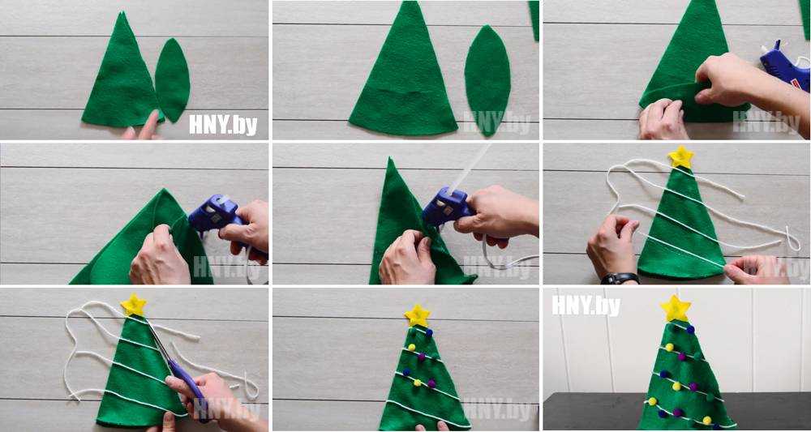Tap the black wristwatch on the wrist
620,279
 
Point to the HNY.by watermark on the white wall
586,306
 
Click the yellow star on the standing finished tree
675,308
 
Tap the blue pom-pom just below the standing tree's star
690,329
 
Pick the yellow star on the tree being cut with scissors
134,305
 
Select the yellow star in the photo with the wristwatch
680,157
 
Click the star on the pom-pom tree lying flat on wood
418,314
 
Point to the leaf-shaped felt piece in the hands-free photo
487,80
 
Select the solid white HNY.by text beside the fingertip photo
223,125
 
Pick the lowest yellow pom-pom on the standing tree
707,420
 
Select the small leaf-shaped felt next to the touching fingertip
172,79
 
